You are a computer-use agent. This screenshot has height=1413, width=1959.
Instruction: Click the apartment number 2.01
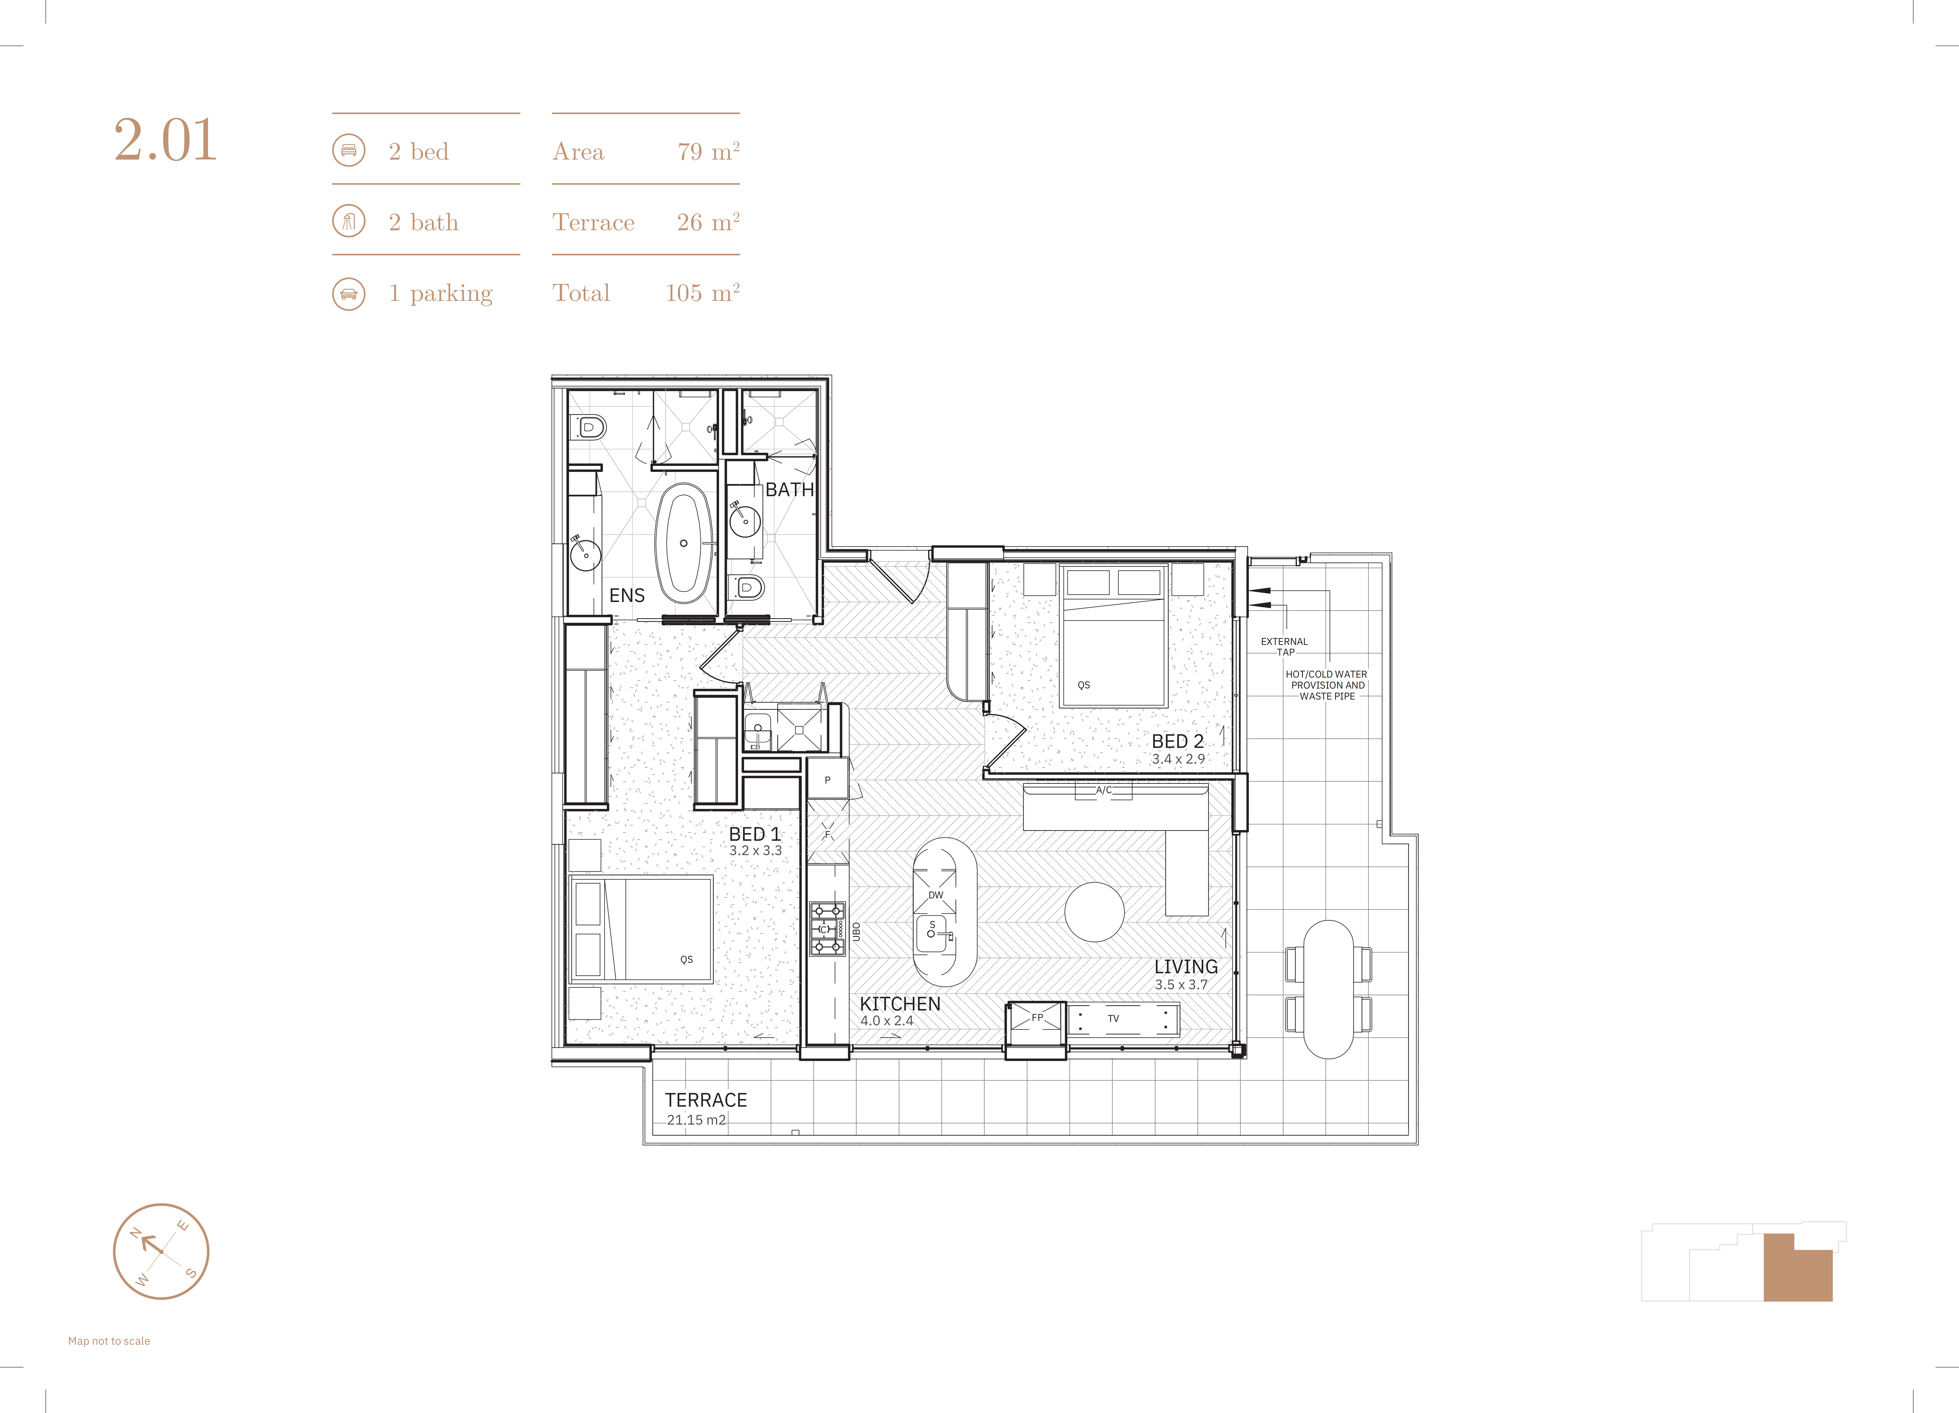click(x=165, y=140)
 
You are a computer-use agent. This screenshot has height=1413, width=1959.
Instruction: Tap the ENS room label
click(x=627, y=595)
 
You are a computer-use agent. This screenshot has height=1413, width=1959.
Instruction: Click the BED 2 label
click(x=1177, y=741)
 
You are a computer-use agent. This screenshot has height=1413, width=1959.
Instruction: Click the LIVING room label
click(x=1186, y=967)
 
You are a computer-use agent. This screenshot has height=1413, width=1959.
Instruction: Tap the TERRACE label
click(x=706, y=1100)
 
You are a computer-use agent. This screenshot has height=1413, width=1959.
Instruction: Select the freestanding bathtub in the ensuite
click(x=684, y=543)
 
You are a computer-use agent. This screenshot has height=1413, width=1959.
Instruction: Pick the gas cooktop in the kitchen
click(x=827, y=929)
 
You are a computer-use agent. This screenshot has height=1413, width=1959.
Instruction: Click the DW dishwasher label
click(x=935, y=895)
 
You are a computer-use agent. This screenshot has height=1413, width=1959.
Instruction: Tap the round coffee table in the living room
click(x=1094, y=912)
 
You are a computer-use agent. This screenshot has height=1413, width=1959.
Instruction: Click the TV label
click(x=1113, y=1019)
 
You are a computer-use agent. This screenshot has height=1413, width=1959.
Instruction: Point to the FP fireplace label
click(x=1037, y=1017)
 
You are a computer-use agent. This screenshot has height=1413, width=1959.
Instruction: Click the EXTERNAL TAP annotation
click(x=1284, y=646)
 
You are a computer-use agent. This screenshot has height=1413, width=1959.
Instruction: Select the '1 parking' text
click(x=441, y=294)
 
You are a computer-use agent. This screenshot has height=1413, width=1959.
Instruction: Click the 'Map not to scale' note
click(x=109, y=1341)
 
